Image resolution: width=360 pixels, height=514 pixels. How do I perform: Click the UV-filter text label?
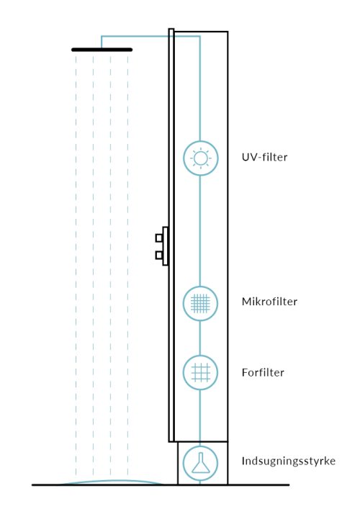click(x=264, y=158)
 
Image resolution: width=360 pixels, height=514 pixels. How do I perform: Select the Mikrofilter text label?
click(x=269, y=302)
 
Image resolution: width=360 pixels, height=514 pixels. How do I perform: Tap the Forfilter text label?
click(x=263, y=372)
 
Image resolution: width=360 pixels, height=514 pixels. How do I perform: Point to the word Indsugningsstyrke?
click(x=289, y=461)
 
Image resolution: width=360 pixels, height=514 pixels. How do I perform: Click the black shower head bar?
click(x=102, y=50)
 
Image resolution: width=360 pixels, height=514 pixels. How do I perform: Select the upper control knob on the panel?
click(x=159, y=238)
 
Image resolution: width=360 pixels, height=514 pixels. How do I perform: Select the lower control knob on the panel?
click(x=159, y=255)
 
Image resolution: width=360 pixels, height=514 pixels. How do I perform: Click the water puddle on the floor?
click(x=112, y=482)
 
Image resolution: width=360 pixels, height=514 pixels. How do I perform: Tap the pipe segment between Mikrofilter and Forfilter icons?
click(x=200, y=338)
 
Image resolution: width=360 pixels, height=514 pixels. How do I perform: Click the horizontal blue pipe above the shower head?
click(x=150, y=36)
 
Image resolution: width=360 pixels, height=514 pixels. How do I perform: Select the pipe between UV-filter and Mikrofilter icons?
click(x=200, y=230)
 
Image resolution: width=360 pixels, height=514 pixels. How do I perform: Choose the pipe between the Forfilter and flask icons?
click(x=200, y=418)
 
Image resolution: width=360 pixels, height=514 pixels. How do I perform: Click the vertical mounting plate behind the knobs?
click(x=166, y=246)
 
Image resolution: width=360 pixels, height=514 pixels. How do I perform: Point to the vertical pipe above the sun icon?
click(x=200, y=89)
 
